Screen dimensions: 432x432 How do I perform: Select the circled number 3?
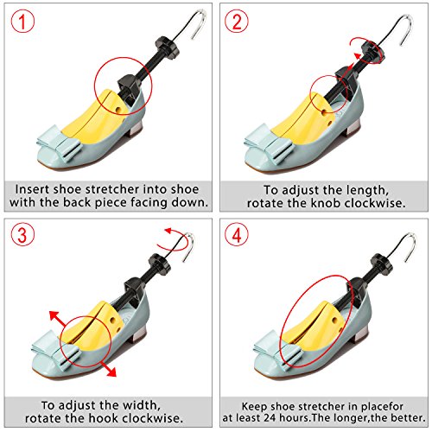pyautogui.click(x=22, y=235)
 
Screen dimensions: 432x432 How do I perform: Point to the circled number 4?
pyautogui.click(x=237, y=235)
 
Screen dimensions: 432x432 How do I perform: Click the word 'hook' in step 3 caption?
pyautogui.click(x=102, y=418)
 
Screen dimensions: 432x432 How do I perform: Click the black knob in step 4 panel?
pyautogui.click(x=381, y=264)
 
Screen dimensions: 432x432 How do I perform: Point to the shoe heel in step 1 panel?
pyautogui.click(x=137, y=127)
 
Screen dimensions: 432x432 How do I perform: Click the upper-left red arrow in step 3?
pyautogui.click(x=59, y=319)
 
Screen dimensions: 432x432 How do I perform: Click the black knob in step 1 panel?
pyautogui.click(x=167, y=46)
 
